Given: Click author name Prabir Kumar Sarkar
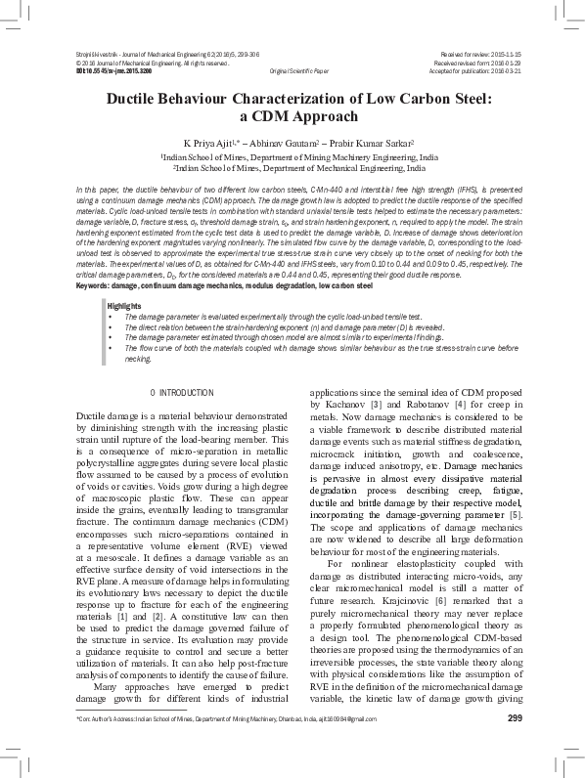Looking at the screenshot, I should tap(375, 142).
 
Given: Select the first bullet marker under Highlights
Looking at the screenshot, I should tap(112, 263).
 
